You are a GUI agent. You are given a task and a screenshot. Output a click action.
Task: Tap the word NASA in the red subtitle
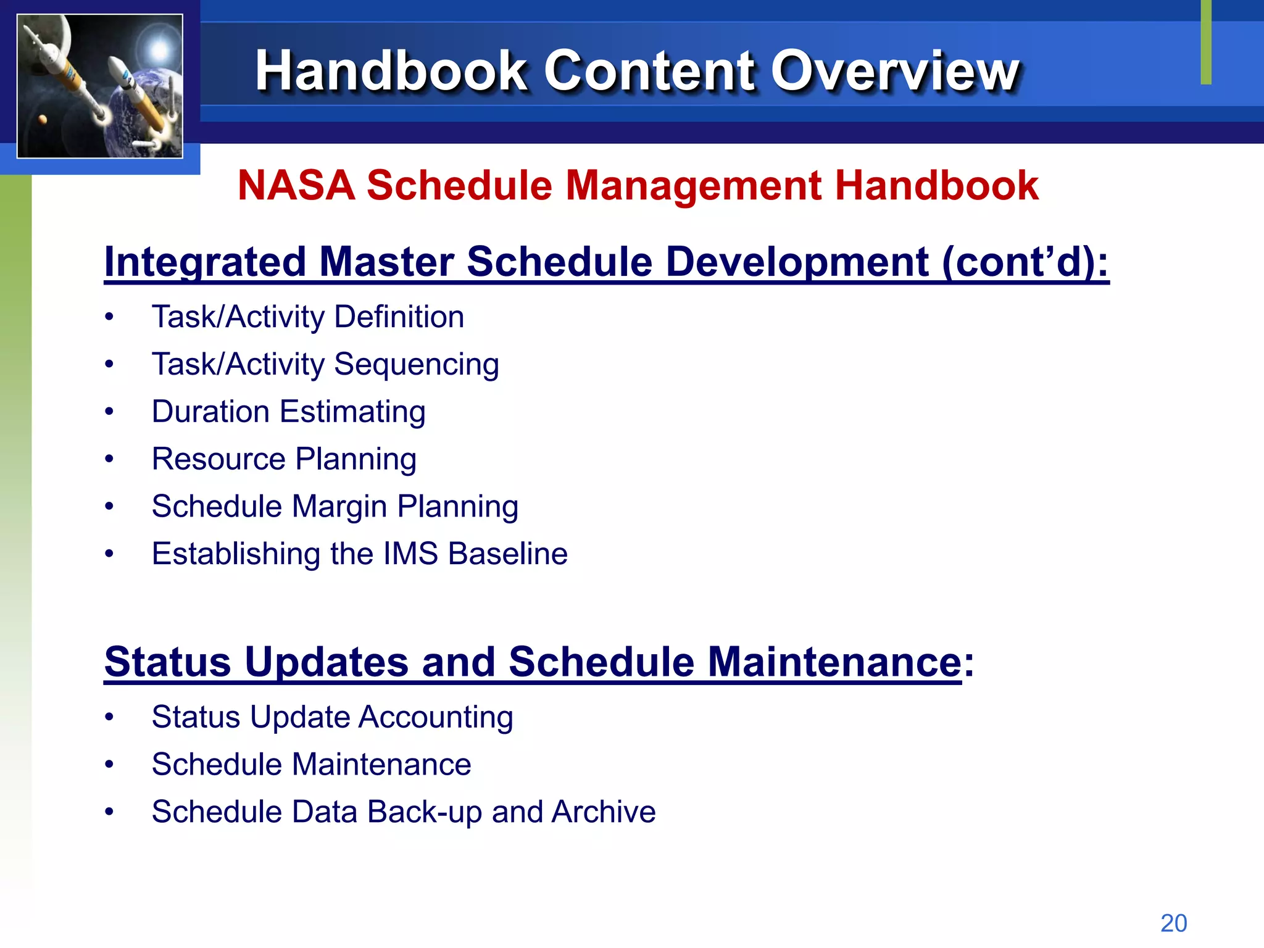296,185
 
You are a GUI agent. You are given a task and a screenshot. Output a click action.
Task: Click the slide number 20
1173,923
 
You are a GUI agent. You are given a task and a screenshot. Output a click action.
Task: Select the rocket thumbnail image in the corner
100,86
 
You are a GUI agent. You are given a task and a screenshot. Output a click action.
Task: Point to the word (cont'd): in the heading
1025,262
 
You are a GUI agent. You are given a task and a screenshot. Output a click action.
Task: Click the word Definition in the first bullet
399,317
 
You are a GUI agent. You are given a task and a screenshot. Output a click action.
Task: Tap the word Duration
210,412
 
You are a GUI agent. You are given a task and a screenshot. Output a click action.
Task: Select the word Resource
218,459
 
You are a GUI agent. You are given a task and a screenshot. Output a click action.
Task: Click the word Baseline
507,554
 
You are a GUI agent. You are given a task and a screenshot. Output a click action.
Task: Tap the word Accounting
436,717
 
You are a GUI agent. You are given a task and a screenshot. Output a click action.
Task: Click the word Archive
604,812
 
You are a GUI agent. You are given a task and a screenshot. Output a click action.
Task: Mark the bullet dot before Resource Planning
109,459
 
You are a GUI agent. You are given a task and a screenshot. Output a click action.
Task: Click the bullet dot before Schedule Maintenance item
109,765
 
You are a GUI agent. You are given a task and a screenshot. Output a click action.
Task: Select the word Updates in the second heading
326,662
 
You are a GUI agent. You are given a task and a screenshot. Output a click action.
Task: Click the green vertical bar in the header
1206,42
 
